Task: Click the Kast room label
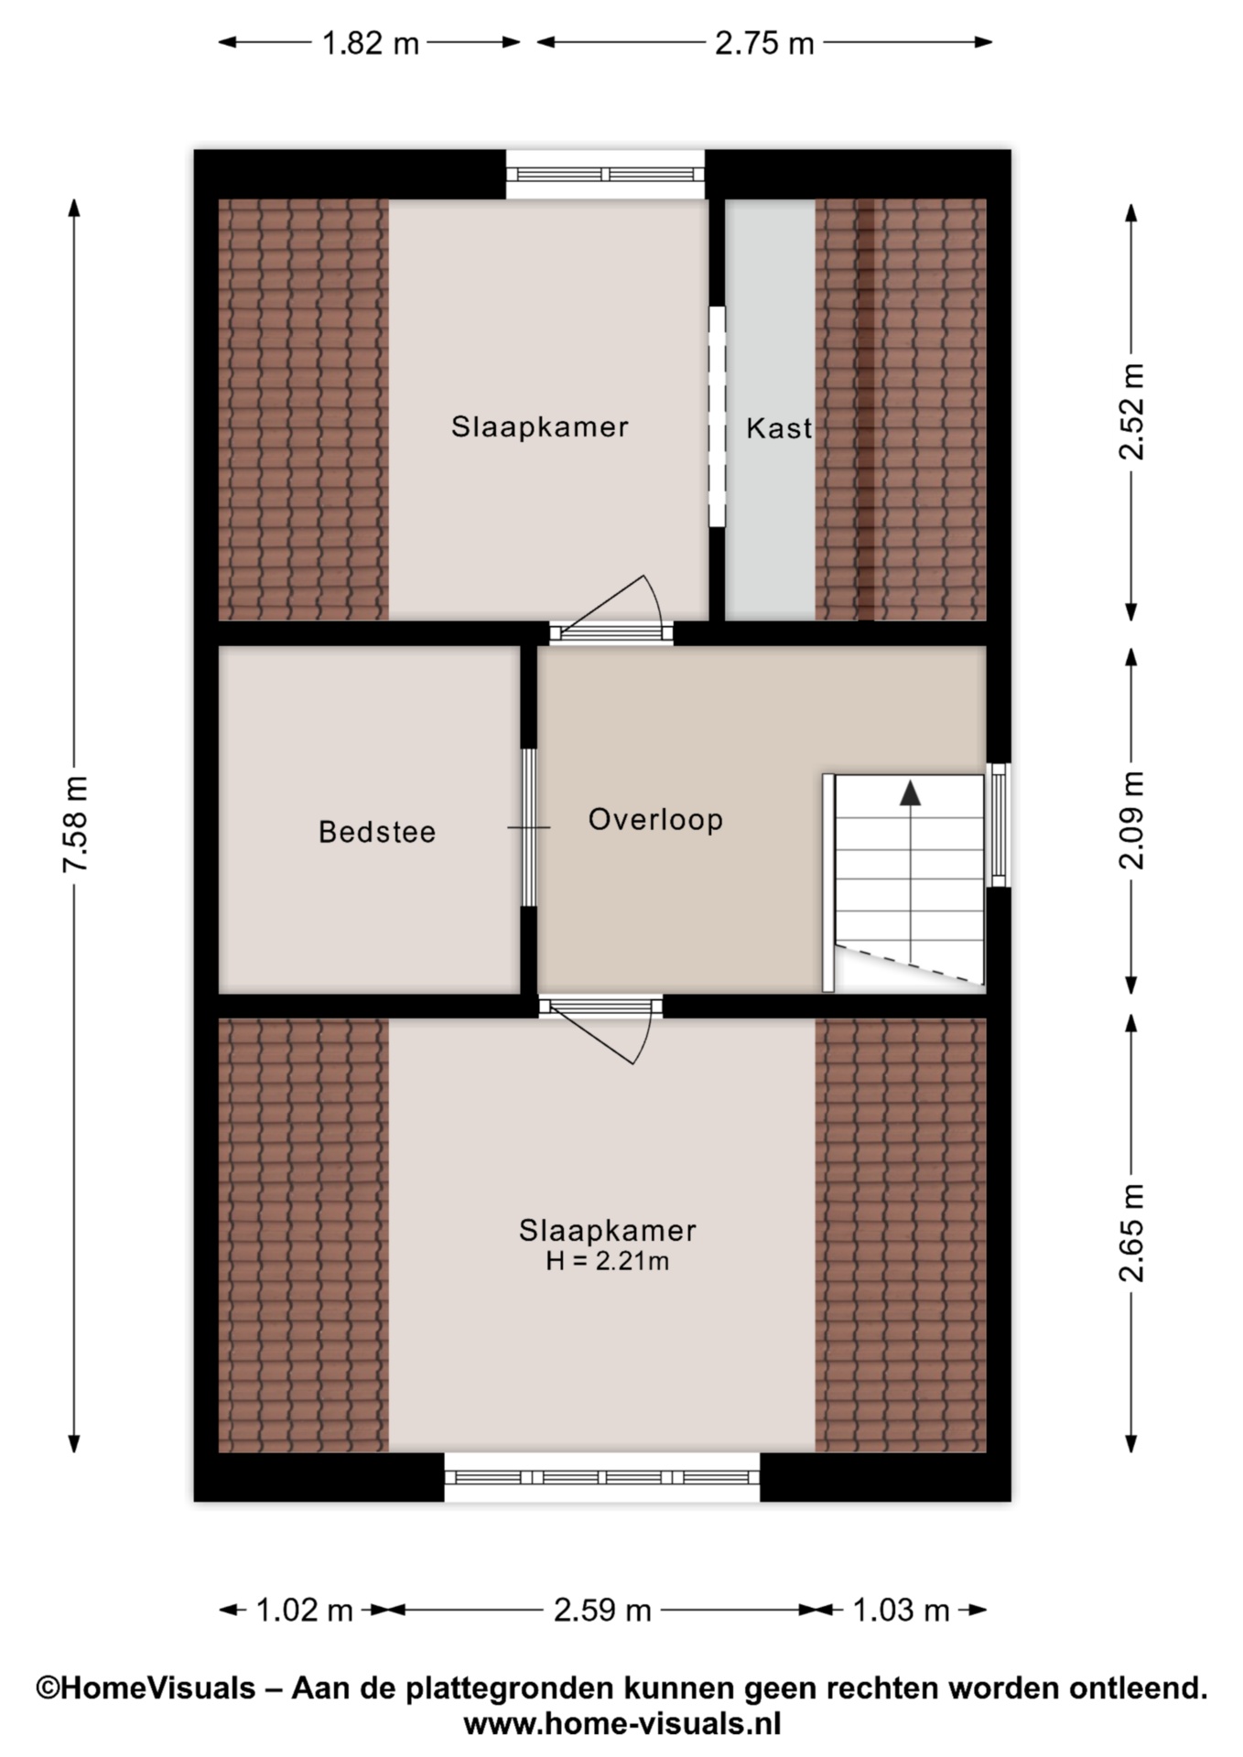779,428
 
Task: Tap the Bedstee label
377,832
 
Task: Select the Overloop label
655,819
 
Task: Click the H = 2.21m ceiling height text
608,1261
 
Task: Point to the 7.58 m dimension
74,825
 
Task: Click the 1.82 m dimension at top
370,42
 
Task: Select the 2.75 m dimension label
764,42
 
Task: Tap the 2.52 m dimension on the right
1131,412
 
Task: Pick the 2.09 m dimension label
1131,821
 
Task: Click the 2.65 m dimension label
1131,1233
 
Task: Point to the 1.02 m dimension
304,1610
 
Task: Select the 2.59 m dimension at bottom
602,1610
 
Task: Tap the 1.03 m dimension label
901,1610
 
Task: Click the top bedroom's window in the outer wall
605,175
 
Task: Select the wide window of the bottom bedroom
602,1477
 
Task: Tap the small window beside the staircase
999,825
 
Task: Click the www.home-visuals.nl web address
622,1724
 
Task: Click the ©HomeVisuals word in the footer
146,1687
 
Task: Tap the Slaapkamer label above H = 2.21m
608,1230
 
